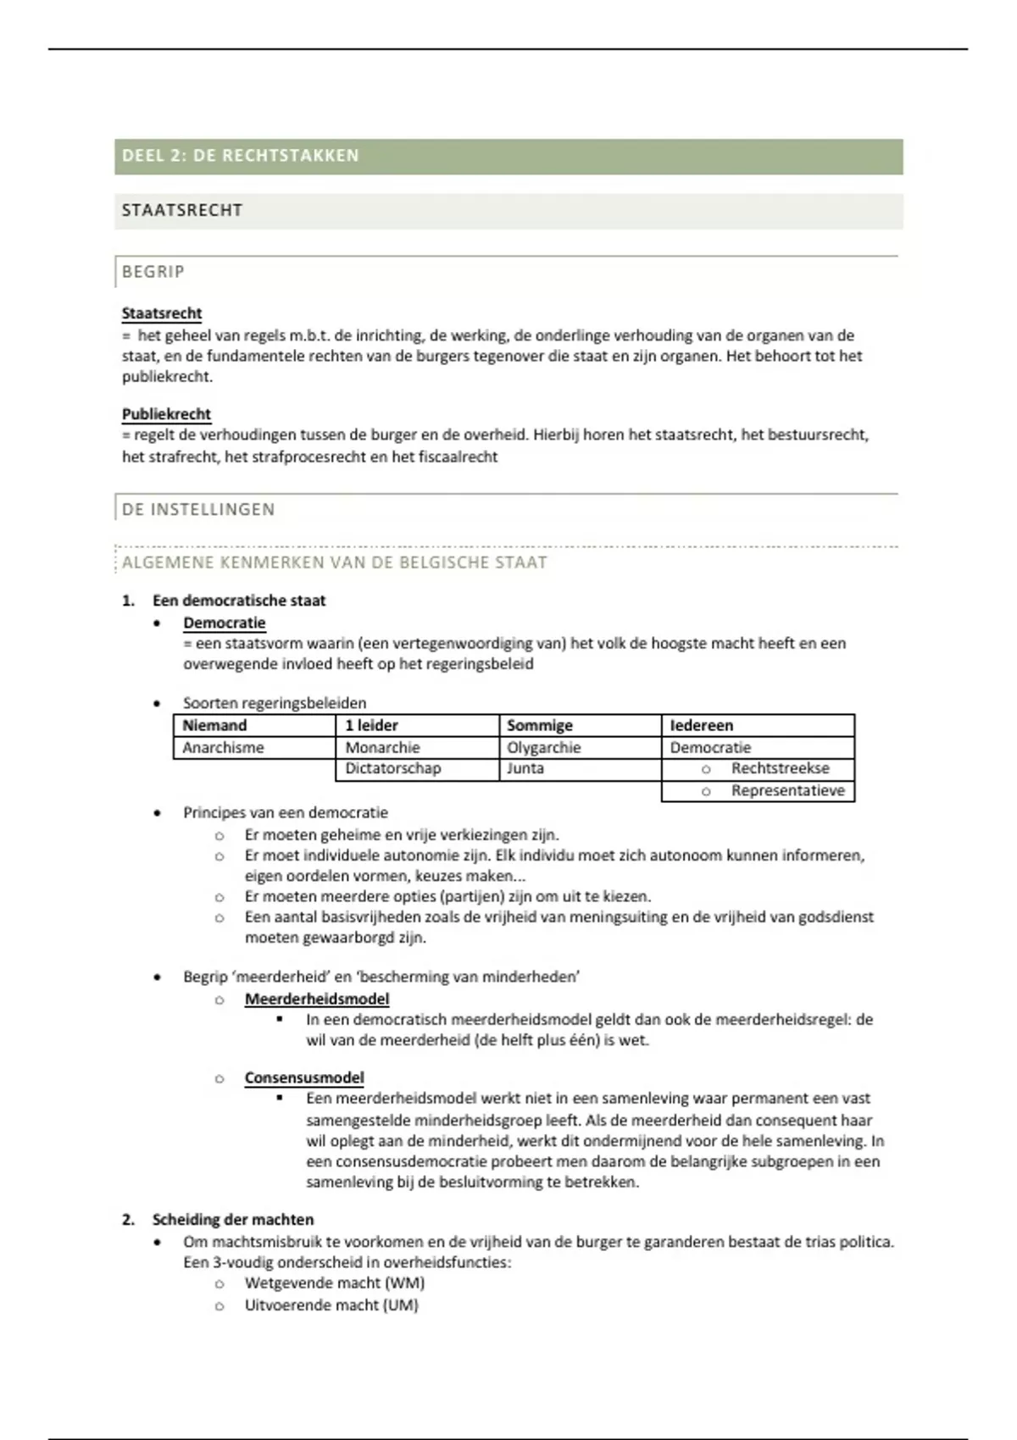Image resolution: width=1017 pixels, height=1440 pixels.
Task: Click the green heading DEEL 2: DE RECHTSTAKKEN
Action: pyautogui.click(x=241, y=156)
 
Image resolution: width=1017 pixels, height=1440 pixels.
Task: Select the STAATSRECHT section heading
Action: pyautogui.click(x=182, y=211)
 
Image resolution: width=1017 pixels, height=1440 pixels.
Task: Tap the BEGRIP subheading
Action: pyautogui.click(x=153, y=272)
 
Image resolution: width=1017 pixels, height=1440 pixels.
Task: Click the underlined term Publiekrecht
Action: pyautogui.click(x=166, y=414)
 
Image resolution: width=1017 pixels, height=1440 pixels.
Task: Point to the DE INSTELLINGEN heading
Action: pyautogui.click(x=198, y=510)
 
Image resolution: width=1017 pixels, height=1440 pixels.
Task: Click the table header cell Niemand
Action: pyautogui.click(x=214, y=726)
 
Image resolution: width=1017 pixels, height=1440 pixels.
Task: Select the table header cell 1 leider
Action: pyautogui.click(x=371, y=726)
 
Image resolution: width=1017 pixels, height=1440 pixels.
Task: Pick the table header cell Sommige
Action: pyautogui.click(x=540, y=726)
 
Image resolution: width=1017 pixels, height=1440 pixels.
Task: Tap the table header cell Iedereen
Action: pyautogui.click(x=702, y=726)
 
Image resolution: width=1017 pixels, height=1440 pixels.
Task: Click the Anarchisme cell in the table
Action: pyautogui.click(x=223, y=748)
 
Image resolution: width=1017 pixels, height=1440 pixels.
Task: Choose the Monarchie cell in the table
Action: pyautogui.click(x=382, y=748)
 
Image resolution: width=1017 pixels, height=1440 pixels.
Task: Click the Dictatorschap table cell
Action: pyautogui.click(x=393, y=769)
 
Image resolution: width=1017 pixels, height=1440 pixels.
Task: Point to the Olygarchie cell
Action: pyautogui.click(x=544, y=748)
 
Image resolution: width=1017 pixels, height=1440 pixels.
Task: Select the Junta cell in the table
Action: pyautogui.click(x=525, y=769)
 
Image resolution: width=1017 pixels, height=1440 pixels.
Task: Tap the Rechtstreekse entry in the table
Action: pyautogui.click(x=781, y=769)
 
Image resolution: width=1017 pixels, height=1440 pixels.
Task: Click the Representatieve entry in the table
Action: pyautogui.click(x=788, y=791)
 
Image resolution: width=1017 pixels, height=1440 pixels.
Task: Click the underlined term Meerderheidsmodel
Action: pyautogui.click(x=317, y=1000)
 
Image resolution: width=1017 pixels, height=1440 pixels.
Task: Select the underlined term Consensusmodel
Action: pyautogui.click(x=304, y=1078)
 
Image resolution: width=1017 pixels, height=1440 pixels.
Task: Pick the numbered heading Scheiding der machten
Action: pyautogui.click(x=233, y=1220)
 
